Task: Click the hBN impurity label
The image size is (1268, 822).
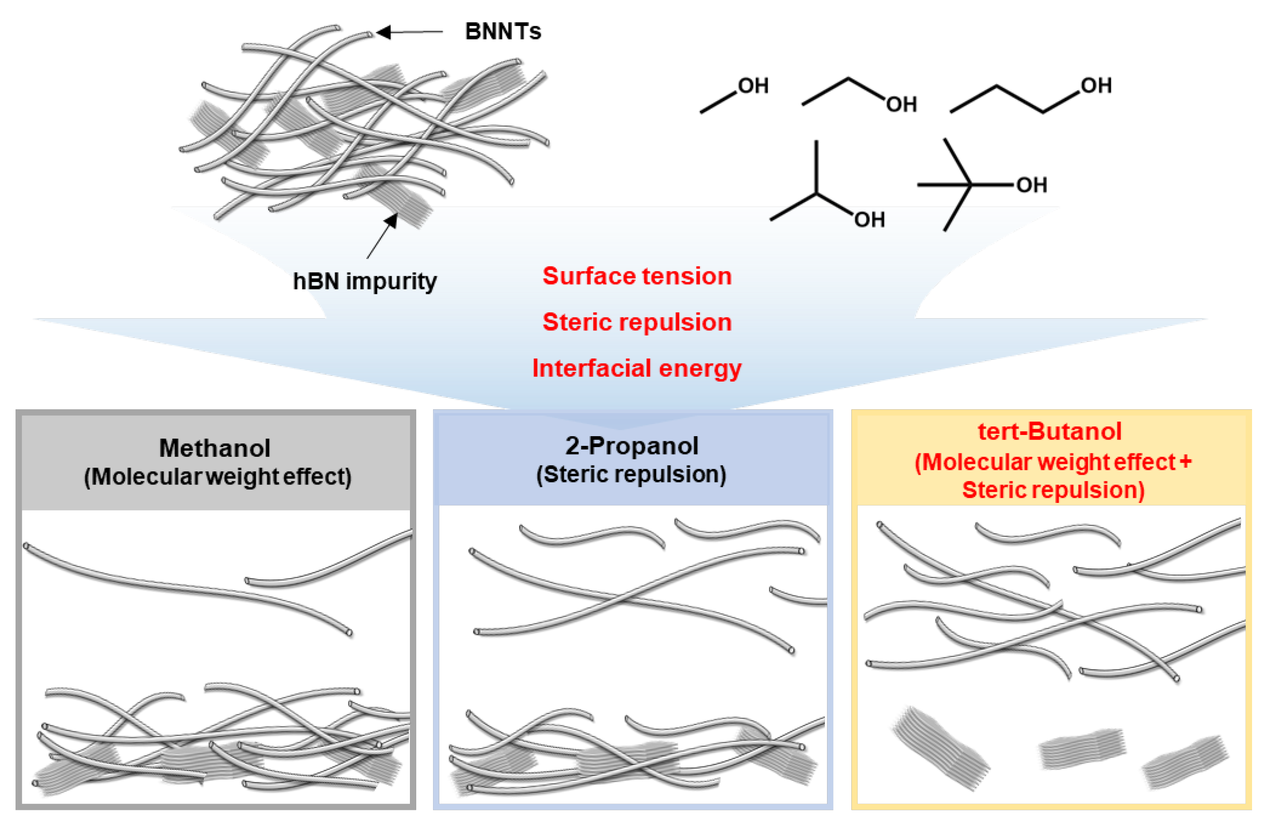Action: (x=365, y=281)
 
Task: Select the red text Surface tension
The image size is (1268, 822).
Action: (x=637, y=276)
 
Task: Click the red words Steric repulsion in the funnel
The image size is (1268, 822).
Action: (x=637, y=322)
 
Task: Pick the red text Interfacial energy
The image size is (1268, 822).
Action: (x=637, y=368)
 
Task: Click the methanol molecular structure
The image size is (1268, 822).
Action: (x=733, y=96)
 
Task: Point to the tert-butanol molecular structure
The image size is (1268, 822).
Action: (x=975, y=185)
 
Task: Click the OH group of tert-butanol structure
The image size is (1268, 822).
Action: (x=1031, y=185)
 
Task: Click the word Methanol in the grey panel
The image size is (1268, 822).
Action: (x=215, y=448)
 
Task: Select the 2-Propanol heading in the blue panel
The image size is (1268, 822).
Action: (x=631, y=446)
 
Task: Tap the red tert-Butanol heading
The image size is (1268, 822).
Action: (x=1049, y=431)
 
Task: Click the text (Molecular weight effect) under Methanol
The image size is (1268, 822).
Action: (x=217, y=476)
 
